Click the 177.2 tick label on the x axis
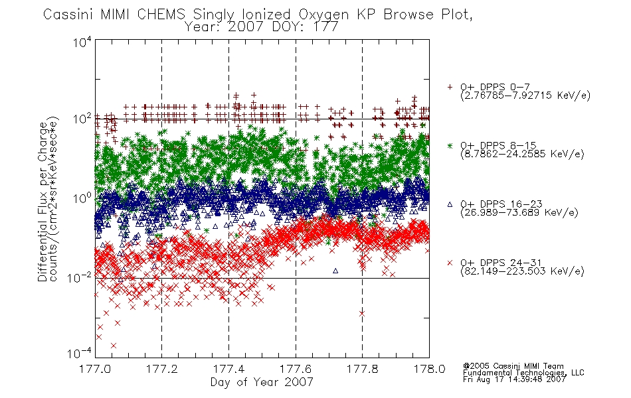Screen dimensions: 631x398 coord(161,369)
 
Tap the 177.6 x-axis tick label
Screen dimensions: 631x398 coord(296,369)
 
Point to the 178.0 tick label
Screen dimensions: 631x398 coord(429,369)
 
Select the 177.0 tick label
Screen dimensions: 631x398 coord(95,369)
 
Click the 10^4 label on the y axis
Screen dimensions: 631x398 coord(82,42)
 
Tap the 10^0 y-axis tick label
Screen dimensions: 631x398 coord(82,198)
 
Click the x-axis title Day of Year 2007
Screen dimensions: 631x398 coord(262,382)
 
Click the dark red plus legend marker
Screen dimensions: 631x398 coord(450,87)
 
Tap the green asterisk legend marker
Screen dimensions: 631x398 coord(450,145)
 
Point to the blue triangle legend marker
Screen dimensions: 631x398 coord(450,204)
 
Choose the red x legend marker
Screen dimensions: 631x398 coord(450,263)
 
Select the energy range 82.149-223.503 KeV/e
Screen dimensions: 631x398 coord(522,271)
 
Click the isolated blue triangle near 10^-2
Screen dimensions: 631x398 coord(335,271)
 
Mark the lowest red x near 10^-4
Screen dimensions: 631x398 coord(114,346)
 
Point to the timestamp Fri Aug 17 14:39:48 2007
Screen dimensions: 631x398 coord(514,379)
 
